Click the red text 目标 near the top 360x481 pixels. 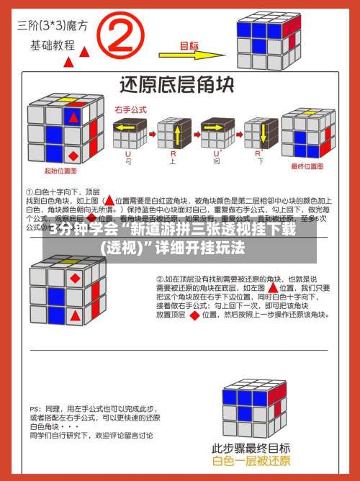[189, 45]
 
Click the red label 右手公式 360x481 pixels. [130, 110]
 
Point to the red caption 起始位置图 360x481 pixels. [61, 171]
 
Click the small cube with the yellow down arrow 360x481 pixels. [260, 134]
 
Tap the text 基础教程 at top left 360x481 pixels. [52, 44]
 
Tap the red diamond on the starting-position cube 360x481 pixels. [73, 155]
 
